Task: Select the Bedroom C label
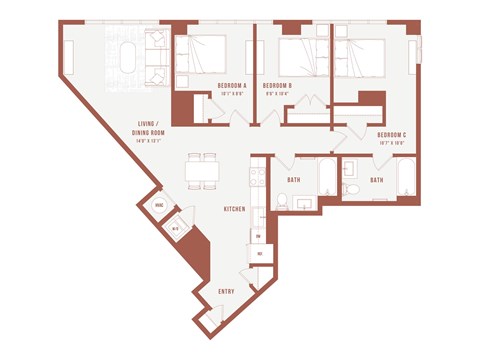(x=390, y=135)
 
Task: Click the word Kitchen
(x=235, y=209)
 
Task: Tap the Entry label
(x=227, y=291)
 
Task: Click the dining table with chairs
(x=202, y=170)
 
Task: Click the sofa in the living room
(x=156, y=59)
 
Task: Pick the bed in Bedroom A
(x=207, y=54)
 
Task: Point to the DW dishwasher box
(x=258, y=236)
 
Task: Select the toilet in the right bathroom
(x=352, y=190)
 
